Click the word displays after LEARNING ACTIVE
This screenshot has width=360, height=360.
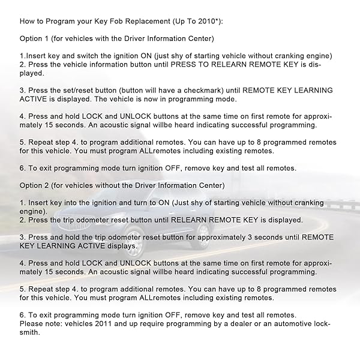121,246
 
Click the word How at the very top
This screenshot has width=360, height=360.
28,21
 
